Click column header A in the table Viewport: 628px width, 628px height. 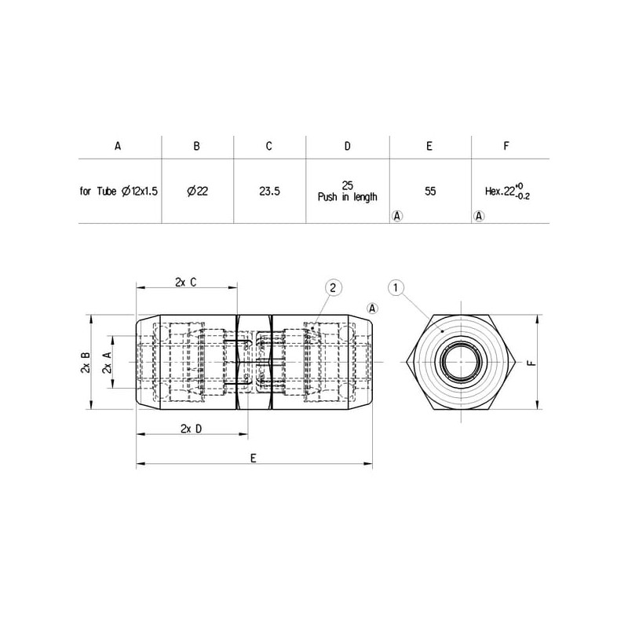tap(118, 146)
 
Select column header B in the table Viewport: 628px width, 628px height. tap(196, 146)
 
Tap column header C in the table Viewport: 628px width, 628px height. tap(268, 146)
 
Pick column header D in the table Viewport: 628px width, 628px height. tap(347, 146)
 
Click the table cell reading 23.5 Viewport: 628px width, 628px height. tap(269, 192)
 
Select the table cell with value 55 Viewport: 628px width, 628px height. tap(429, 192)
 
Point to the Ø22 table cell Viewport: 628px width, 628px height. tap(198, 192)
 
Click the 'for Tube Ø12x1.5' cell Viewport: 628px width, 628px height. tap(119, 192)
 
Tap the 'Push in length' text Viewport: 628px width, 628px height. tap(347, 197)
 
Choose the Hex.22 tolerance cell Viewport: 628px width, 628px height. tap(507, 192)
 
